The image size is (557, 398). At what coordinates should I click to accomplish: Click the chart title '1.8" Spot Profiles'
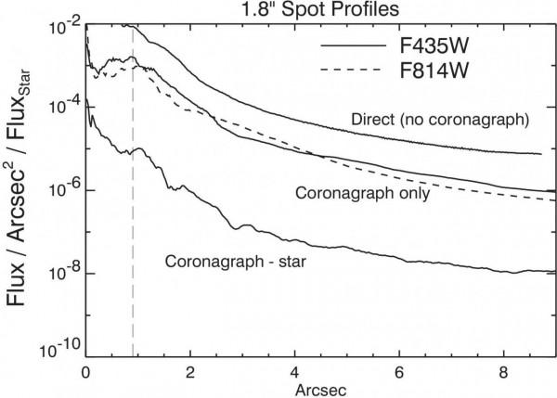318,10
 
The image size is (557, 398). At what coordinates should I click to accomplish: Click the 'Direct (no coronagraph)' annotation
441,120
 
